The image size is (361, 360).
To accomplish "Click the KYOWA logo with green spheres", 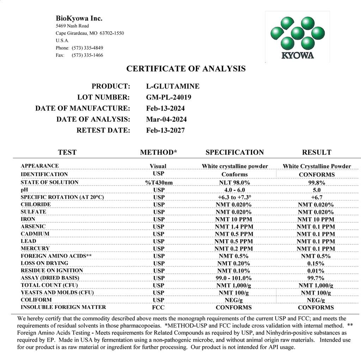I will tap(298, 37).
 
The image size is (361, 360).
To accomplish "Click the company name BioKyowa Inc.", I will tap(79, 18).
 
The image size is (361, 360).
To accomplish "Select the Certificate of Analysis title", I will tap(186, 69).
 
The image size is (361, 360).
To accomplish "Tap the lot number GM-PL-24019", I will tap(169, 97).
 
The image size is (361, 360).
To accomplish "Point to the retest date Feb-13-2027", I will tap(165, 130).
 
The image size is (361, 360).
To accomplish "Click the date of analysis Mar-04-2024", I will tap(166, 119).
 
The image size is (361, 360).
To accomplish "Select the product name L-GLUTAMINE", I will tap(172, 86).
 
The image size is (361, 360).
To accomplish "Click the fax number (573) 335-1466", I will tap(87, 55).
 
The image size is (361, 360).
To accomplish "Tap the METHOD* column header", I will tap(158, 152).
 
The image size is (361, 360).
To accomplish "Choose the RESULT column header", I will tap(317, 152).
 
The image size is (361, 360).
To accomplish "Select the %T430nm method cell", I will tap(158, 182).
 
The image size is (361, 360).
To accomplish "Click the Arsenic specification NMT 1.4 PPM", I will tap(234, 226).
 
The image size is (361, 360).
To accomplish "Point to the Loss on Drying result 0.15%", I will tap(316, 263).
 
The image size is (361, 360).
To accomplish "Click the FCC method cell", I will tap(158, 308).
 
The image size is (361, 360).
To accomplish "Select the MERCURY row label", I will tap(35, 249).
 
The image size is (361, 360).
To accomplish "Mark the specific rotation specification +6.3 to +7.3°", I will tap(234, 197).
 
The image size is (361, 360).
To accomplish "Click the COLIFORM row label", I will tap(36, 300).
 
